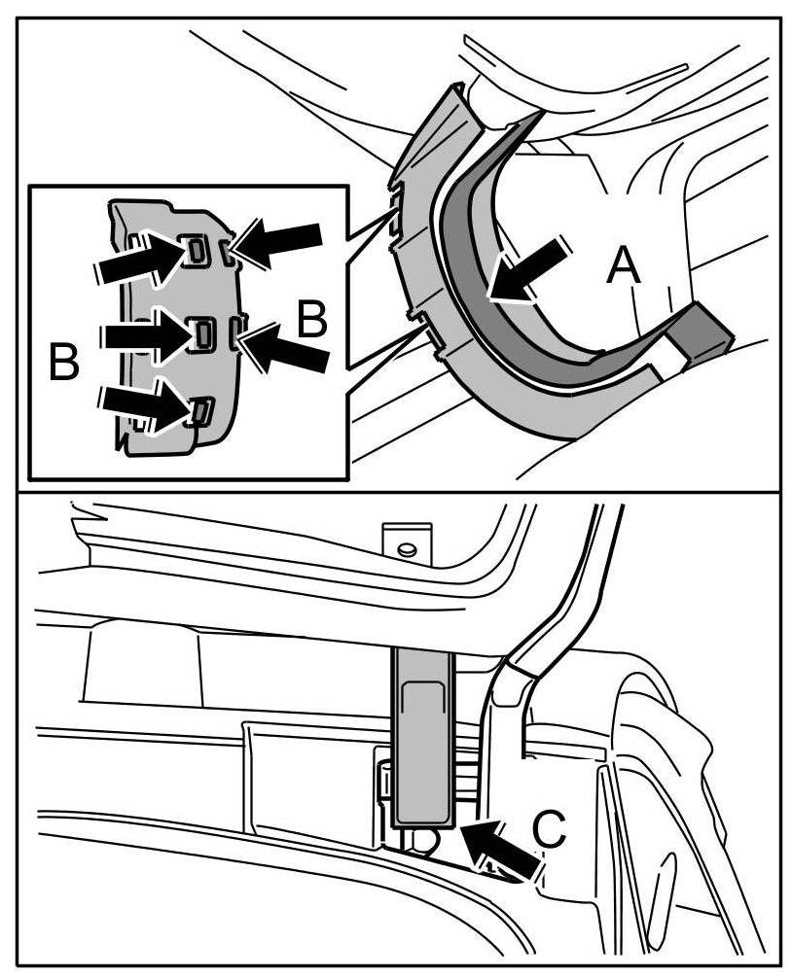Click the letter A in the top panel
pyautogui.click(x=624, y=264)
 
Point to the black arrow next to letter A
pyautogui.click(x=529, y=270)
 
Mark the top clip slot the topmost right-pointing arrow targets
pyautogui.click(x=196, y=252)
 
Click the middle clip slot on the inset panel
pyautogui.click(x=203, y=333)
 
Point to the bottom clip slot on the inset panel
pyautogui.click(x=199, y=412)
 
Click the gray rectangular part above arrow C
pyautogui.click(x=424, y=739)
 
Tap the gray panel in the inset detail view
pyautogui.click(x=165, y=292)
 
